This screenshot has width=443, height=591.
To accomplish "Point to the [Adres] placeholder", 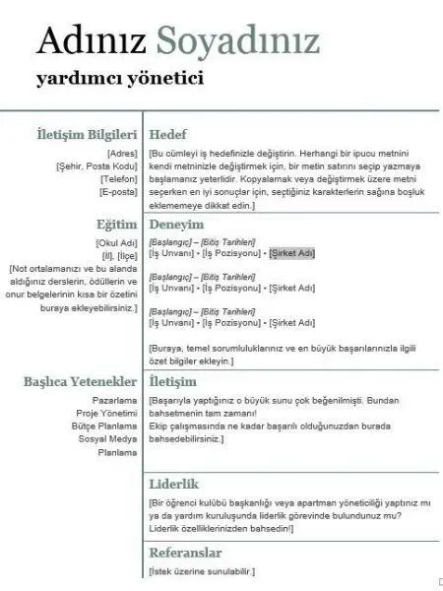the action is click(x=121, y=155).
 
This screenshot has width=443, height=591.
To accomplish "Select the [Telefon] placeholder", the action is click(x=118, y=179).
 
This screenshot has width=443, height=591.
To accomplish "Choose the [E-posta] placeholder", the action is click(x=117, y=191).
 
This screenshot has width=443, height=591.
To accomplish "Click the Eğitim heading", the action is click(x=115, y=225).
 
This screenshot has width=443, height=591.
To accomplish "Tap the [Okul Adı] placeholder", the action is click(x=116, y=243).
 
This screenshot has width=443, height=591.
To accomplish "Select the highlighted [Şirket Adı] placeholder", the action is click(x=291, y=253).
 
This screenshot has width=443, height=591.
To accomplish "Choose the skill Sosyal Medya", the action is click(x=108, y=438).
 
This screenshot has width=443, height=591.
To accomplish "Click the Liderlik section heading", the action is click(x=174, y=484).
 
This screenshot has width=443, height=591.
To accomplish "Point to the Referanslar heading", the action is click(x=184, y=553).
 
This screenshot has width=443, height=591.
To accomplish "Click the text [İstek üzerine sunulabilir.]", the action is click(x=202, y=571).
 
